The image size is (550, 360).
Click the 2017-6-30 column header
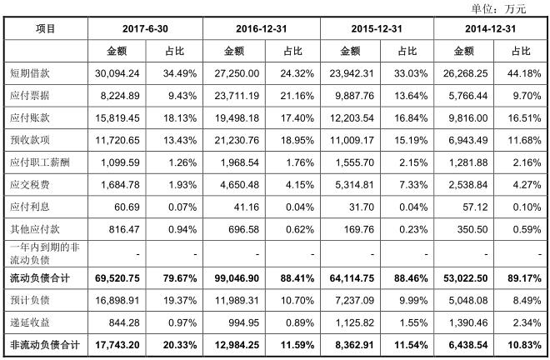[145, 28]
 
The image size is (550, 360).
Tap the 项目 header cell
[46, 28]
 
